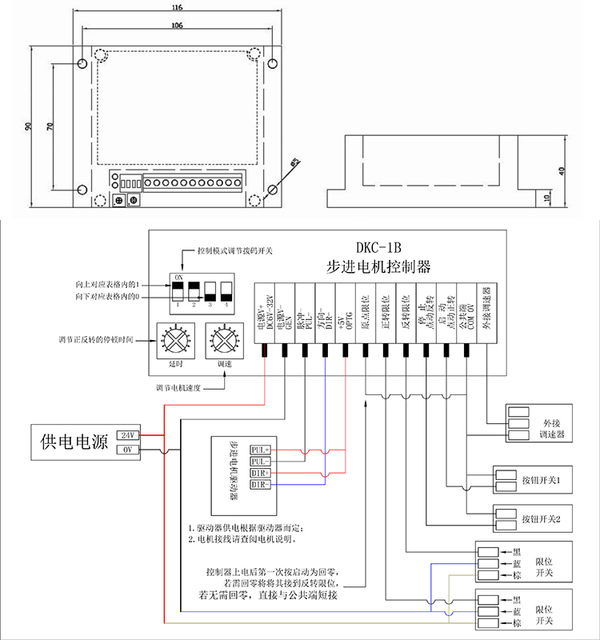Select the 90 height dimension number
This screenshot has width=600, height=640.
[27, 127]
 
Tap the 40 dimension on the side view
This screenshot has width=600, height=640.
[562, 170]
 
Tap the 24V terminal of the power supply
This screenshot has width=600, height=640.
[128, 434]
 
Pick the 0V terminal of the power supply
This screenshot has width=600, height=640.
[128, 450]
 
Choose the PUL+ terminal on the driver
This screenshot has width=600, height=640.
[261, 450]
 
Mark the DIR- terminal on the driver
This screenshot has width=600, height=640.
[261, 485]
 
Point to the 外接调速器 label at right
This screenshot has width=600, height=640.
[553, 428]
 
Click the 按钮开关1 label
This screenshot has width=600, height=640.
[545, 480]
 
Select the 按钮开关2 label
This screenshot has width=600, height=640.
[545, 518]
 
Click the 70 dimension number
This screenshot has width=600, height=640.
[50, 127]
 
